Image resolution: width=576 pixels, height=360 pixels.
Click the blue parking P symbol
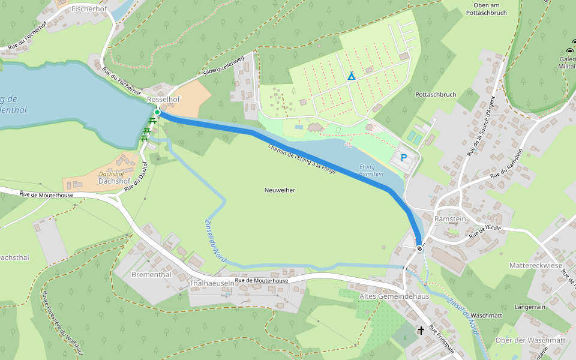(x=404, y=158)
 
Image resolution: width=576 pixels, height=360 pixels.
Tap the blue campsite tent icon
(x=351, y=76)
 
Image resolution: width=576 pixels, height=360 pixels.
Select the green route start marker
(x=157, y=112)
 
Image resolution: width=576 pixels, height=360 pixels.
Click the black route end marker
(x=419, y=248)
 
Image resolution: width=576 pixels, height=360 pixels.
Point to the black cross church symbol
(x=421, y=330)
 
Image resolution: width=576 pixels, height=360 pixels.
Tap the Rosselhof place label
(x=164, y=99)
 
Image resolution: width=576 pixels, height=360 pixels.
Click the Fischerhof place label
(x=88, y=9)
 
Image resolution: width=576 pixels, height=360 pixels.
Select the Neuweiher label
(x=280, y=190)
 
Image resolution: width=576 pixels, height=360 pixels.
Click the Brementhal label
(x=151, y=274)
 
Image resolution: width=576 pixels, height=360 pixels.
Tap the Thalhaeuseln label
(x=211, y=283)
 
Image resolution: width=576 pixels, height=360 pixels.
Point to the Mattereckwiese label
(x=535, y=265)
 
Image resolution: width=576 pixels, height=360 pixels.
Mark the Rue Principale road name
(x=442, y=341)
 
